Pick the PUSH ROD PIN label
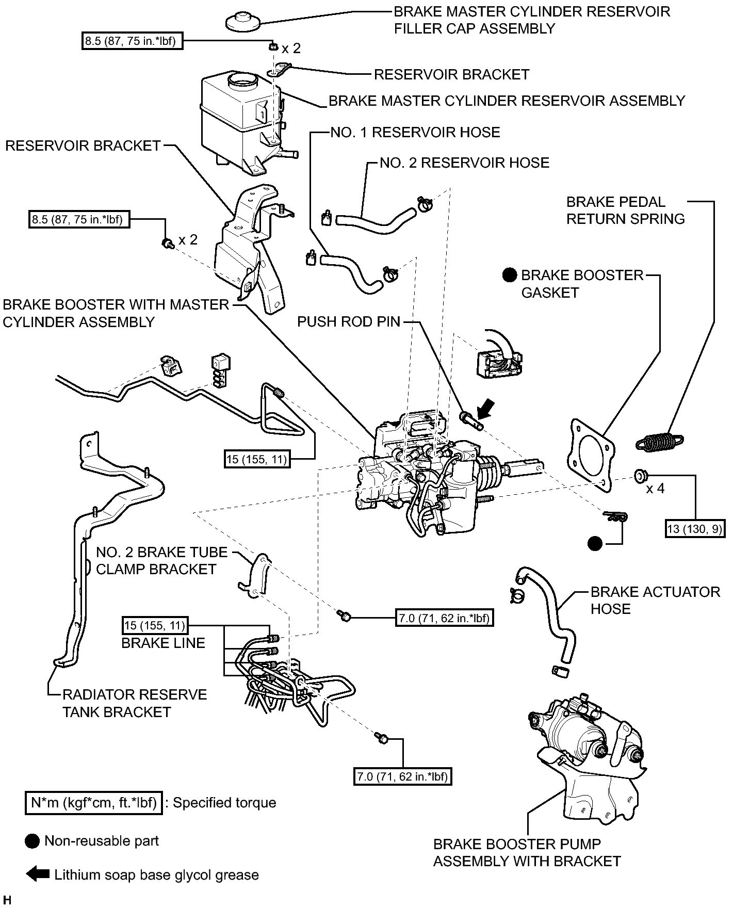coord(349,322)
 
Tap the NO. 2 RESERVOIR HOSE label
coord(464,163)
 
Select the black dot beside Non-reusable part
coord(32,841)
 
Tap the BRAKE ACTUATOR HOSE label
coord(655,600)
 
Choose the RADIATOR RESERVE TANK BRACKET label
coord(135,703)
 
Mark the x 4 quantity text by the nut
coord(655,488)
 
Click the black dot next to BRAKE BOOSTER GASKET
coord(510,275)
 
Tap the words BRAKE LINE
coord(163,643)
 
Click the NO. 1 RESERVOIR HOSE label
coord(415,133)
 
